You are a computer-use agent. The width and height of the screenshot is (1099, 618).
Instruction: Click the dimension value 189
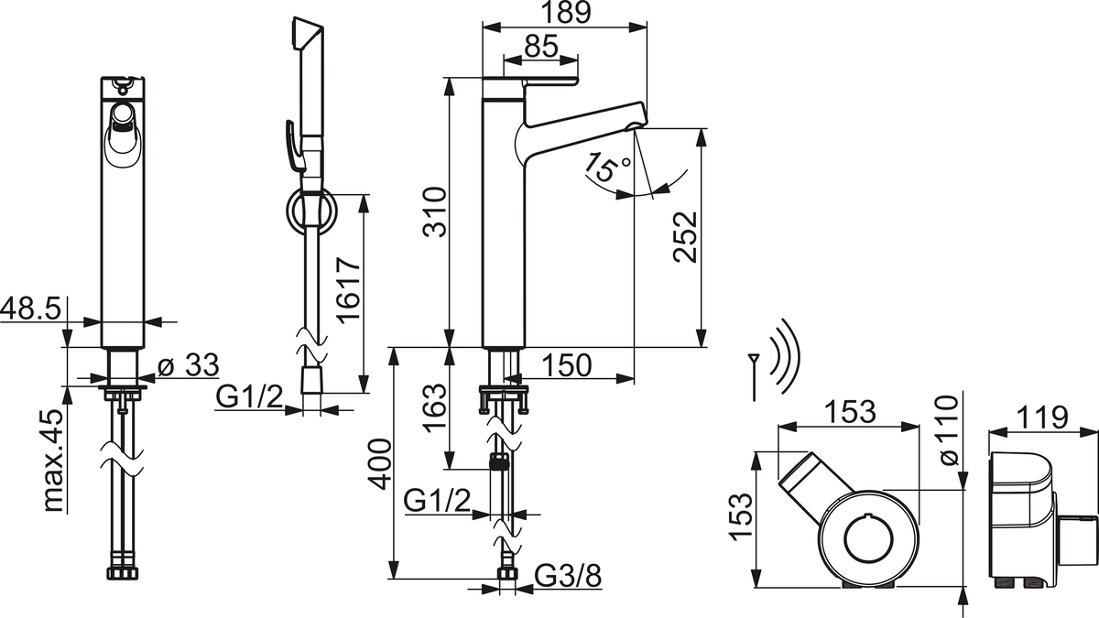tap(565, 13)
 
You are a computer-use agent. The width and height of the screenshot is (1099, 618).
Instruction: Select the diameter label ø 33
tap(189, 366)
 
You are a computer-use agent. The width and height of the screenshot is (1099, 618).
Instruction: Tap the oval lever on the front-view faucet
tap(120, 135)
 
